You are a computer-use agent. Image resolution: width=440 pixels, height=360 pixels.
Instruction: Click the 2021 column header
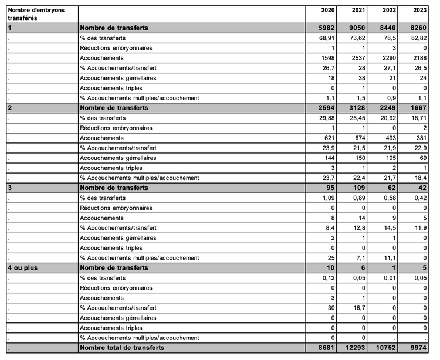[358, 11]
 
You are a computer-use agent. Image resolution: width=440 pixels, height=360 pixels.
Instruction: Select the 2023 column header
[419, 11]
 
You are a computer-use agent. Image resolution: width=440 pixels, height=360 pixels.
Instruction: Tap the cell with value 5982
[326, 28]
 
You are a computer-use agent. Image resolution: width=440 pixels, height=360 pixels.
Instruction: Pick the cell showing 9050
[357, 28]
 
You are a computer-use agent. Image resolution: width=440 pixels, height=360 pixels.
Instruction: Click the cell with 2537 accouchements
[357, 57]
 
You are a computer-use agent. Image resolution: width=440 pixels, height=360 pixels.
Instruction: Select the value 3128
[357, 108]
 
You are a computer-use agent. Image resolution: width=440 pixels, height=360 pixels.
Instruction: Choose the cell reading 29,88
[326, 118]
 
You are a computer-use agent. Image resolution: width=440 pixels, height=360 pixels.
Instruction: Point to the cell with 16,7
[358, 307]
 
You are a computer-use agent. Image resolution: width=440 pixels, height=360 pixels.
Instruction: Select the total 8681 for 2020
[326, 348]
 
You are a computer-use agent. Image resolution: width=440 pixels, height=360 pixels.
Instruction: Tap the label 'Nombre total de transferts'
[121, 348]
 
